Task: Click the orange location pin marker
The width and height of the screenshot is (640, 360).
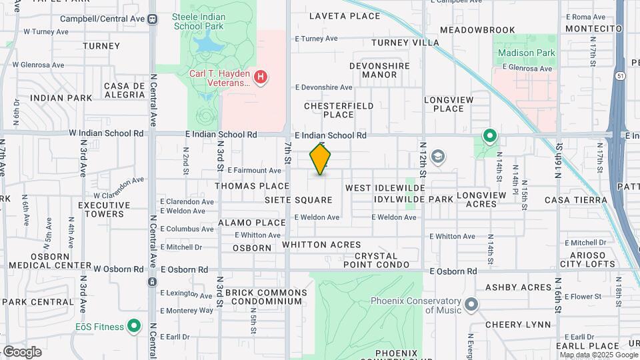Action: click(321, 159)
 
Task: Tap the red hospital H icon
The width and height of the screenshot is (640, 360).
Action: click(261, 78)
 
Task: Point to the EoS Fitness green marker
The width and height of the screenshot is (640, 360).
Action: click(135, 326)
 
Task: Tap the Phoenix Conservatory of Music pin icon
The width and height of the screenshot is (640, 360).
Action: click(472, 305)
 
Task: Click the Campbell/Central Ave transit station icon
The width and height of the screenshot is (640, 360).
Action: click(153, 18)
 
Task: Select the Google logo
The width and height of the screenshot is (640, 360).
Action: click(22, 351)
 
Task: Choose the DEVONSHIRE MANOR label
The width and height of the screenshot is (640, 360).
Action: click(379, 70)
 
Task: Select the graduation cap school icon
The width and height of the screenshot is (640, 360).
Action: click(438, 157)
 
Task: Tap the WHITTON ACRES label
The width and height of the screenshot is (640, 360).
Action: click(321, 245)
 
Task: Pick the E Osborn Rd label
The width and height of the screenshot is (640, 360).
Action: click(453, 271)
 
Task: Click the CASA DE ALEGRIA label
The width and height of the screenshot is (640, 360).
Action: click(125, 90)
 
